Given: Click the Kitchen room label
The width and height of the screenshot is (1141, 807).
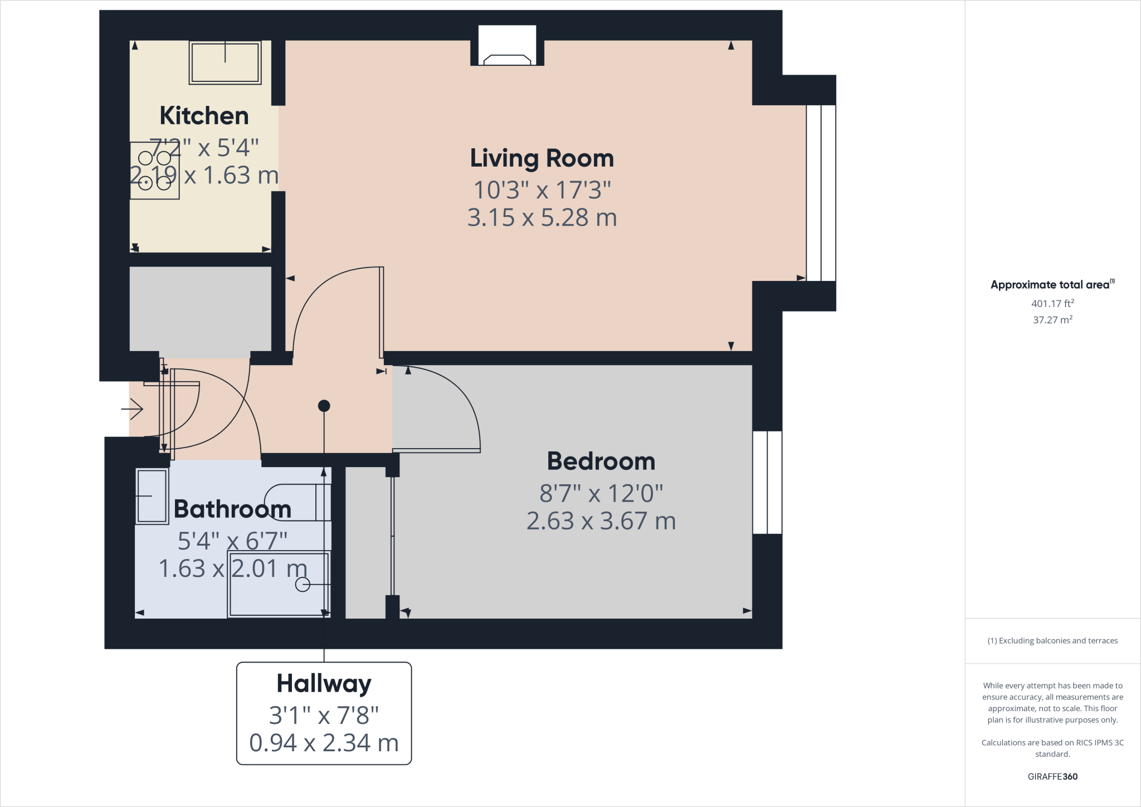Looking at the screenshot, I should [204, 116].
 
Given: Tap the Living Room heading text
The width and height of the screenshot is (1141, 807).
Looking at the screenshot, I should [542, 158].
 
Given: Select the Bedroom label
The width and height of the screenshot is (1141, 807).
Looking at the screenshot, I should [601, 461].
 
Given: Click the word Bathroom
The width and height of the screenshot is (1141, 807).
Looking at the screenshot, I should [232, 509].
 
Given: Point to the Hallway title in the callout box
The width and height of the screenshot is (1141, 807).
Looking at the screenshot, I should [324, 683].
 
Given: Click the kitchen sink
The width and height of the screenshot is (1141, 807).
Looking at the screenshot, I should [225, 62].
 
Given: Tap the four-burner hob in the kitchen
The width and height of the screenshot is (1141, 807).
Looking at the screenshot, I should [154, 171].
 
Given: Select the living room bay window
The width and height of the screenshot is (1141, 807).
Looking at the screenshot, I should [821, 192].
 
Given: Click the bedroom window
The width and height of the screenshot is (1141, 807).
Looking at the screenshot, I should [767, 482].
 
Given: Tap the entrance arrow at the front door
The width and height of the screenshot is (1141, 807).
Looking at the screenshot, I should [133, 410].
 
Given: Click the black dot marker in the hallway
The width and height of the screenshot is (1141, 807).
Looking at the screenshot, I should [324, 406].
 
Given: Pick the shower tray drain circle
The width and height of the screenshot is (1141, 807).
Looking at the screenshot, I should [303, 584].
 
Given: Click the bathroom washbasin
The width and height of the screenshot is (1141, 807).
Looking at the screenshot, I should [152, 496].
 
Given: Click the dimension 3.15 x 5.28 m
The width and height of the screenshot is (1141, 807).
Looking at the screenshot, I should [542, 218].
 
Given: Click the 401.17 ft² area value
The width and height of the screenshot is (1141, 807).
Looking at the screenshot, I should [1052, 304].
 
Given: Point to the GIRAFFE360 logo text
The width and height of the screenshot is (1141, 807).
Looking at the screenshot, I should [1052, 776].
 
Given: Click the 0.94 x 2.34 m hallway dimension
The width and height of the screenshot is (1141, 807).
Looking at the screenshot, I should [324, 743].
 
